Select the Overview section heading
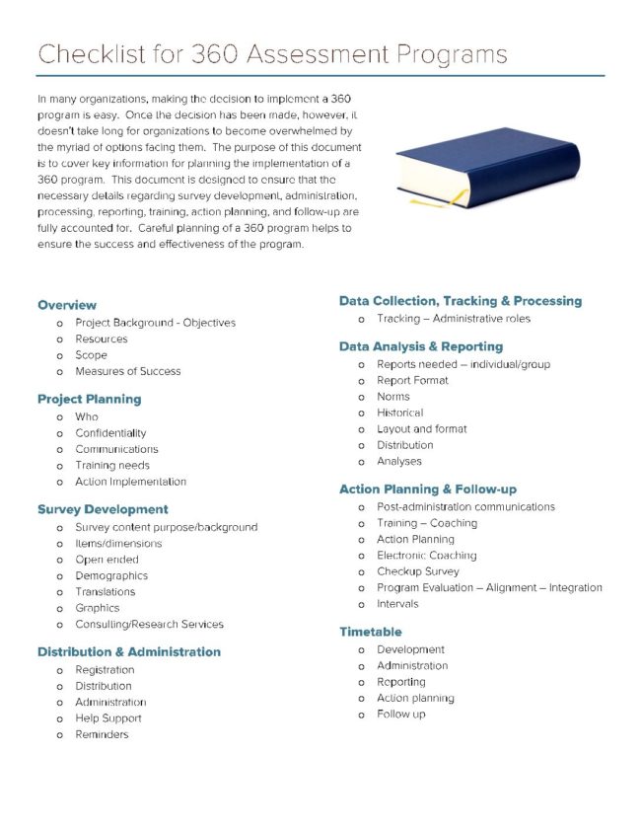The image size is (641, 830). click(67, 305)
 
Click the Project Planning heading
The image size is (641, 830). click(89, 399)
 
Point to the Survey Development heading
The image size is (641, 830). click(103, 509)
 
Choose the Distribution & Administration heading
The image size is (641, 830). click(128, 651)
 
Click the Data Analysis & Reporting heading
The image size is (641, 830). click(420, 346)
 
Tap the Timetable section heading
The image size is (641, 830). click(371, 632)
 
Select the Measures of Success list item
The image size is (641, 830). click(128, 371)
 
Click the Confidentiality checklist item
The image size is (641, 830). click(110, 433)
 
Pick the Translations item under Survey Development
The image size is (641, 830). click(106, 592)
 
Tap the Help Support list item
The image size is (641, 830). click(108, 718)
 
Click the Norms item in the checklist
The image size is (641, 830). click(392, 397)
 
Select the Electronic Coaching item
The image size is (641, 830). click(426, 556)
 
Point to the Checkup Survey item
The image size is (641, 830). click(417, 571)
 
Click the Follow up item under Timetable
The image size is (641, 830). click(401, 715)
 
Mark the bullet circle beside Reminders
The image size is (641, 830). click(60, 735)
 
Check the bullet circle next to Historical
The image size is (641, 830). click(362, 414)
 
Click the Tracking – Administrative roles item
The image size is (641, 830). click(454, 319)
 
